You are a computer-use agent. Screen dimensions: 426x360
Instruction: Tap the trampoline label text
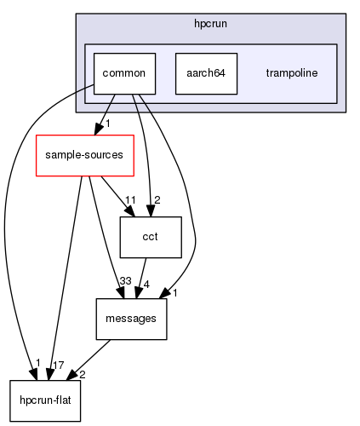(292, 73)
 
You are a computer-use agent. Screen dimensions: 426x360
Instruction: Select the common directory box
(124, 73)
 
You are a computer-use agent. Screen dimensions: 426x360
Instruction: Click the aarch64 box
(205, 73)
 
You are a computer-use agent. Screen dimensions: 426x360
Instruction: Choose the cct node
(151, 238)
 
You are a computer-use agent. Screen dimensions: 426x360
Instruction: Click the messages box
(131, 319)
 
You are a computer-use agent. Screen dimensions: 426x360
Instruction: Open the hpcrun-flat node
(45, 400)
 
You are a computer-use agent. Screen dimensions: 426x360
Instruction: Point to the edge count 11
(130, 201)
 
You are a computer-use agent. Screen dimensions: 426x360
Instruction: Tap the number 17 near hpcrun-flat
(58, 365)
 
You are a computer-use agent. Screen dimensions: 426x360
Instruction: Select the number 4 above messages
(147, 284)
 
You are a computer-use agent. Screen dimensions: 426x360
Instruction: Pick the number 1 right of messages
(174, 294)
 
